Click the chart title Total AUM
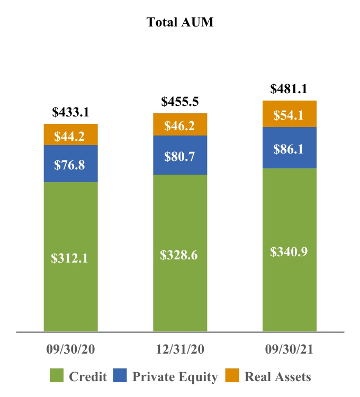(180, 22)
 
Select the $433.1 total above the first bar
(70, 112)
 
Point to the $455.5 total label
(180, 101)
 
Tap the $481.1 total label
(289, 88)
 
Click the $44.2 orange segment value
(69, 136)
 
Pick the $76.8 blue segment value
(69, 165)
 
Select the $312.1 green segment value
(69, 258)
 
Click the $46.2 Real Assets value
(179, 125)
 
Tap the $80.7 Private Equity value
(179, 156)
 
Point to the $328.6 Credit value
(179, 255)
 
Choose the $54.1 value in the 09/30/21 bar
(288, 115)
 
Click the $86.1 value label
(288, 149)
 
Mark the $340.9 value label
(289, 251)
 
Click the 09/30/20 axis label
(70, 349)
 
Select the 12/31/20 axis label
(180, 349)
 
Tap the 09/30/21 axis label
(289, 349)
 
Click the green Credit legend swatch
(57, 375)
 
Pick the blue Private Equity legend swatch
(120, 375)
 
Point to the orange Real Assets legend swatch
(232, 375)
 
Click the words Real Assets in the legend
(278, 376)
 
